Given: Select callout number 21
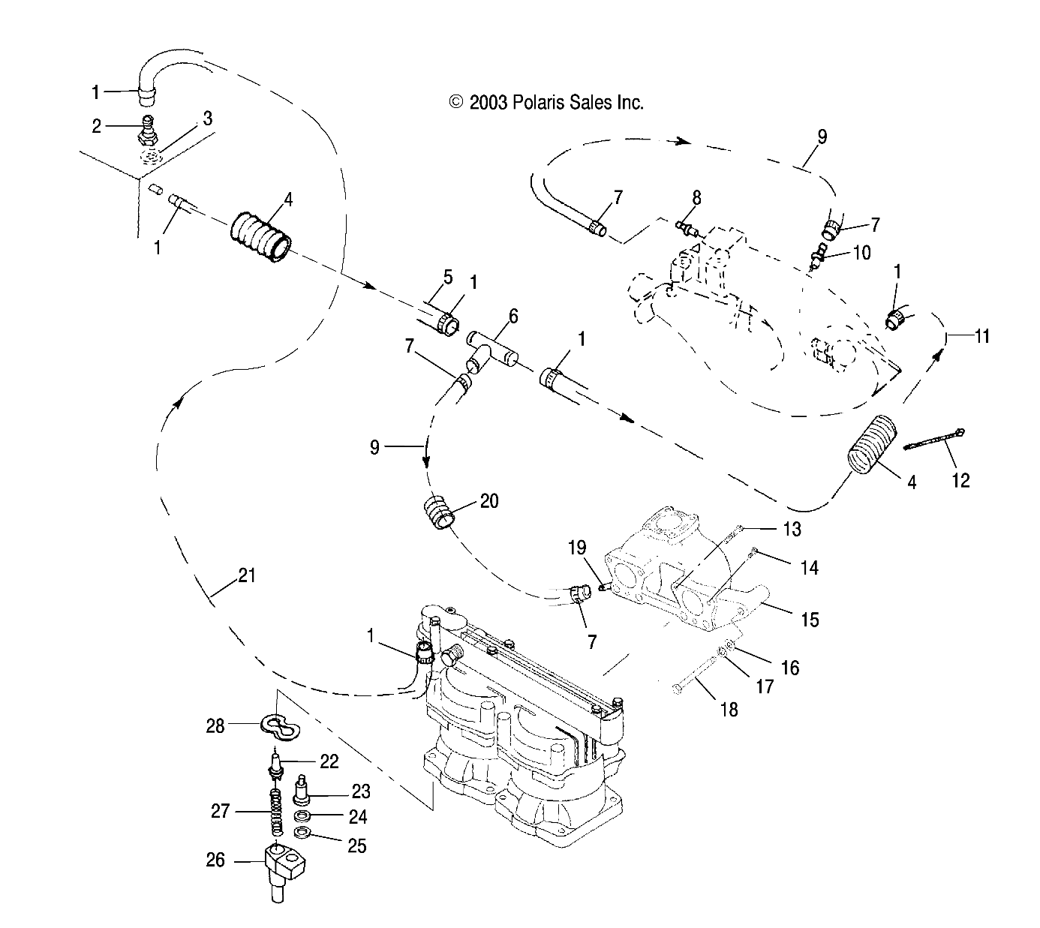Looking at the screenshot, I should point(247,575).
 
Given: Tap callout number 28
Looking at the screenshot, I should point(215,726).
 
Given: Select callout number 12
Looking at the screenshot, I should point(960,480).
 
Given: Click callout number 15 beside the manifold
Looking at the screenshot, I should point(810,620).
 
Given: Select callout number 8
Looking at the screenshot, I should point(696,197).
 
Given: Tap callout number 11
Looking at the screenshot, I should point(982,336).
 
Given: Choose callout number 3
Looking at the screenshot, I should point(207,118).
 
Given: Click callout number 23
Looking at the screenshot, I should point(361,791).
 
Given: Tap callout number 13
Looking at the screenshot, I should point(792,529).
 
